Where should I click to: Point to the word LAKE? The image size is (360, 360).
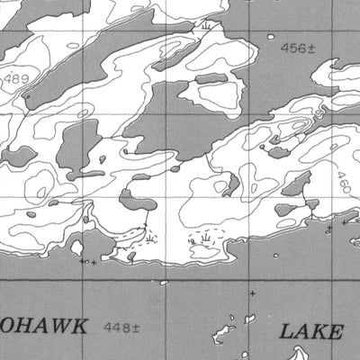point(311,331)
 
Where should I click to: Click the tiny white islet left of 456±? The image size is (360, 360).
point(271,37)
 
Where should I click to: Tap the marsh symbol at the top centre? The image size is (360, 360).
point(209,27)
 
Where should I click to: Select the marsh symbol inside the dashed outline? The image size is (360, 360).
point(208,235)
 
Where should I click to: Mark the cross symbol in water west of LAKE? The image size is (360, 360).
point(252,293)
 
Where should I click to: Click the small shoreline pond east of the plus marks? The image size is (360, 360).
point(131,256)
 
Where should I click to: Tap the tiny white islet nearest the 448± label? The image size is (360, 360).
point(166,283)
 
